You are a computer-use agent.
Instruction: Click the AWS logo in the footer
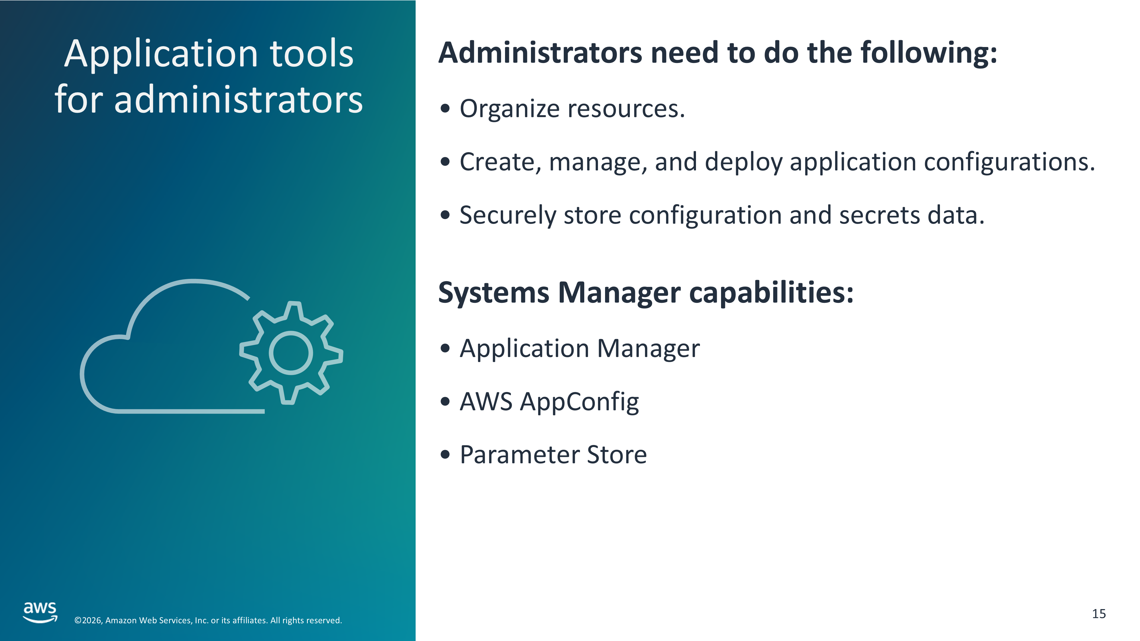click(x=40, y=612)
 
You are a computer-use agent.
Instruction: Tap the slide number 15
click(x=1099, y=614)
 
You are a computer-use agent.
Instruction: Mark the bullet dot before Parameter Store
click(x=445, y=454)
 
